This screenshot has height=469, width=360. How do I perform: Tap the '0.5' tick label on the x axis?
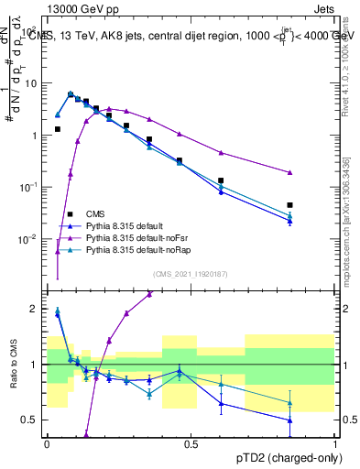(191, 442)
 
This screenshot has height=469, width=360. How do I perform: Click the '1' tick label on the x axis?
(335, 442)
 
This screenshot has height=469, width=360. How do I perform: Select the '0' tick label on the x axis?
(47, 442)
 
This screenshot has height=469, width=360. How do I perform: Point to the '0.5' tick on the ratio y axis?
(33, 420)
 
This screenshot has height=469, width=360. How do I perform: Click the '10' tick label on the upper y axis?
(33, 82)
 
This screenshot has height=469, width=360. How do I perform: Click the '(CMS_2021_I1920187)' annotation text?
(191, 274)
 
